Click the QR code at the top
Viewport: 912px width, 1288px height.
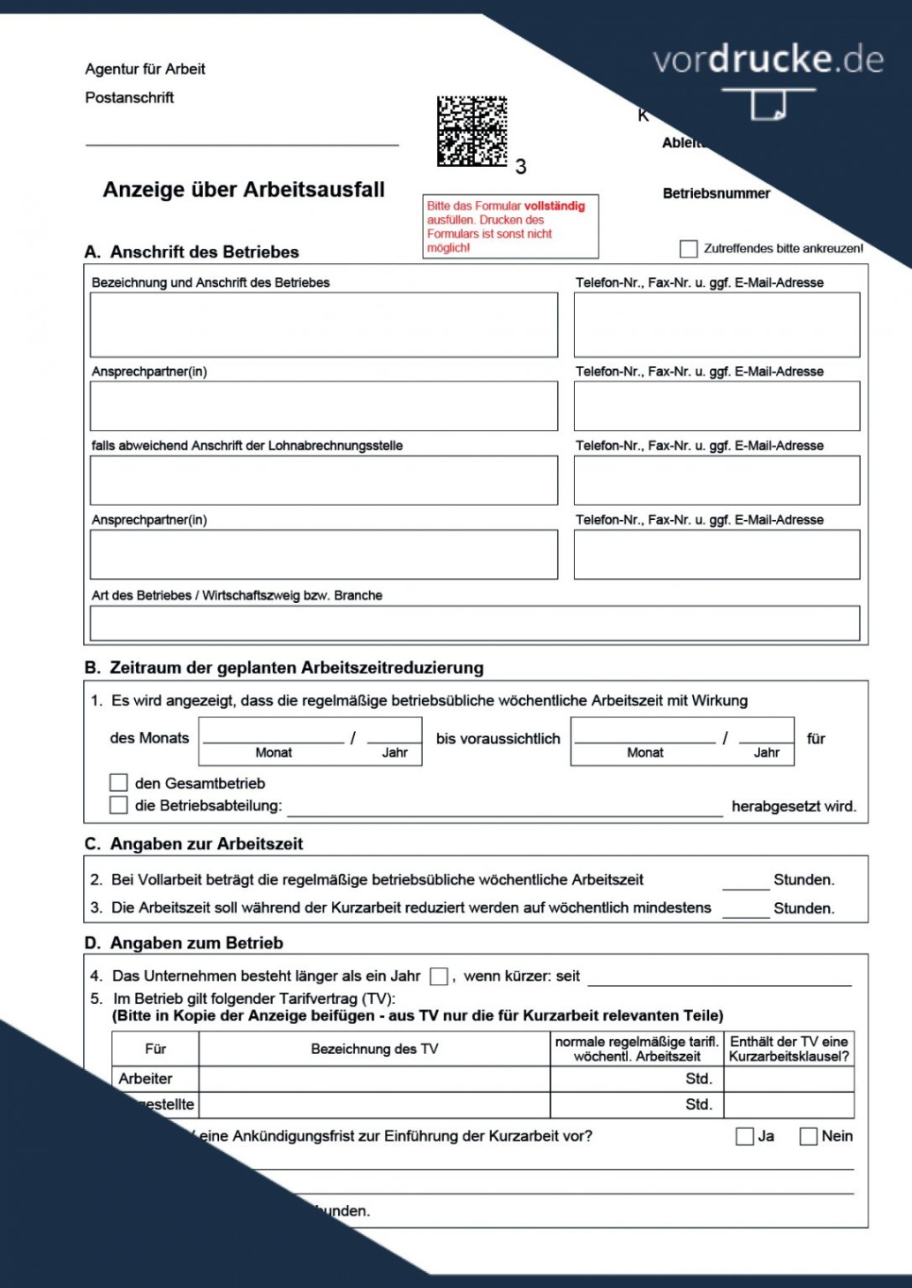pyautogui.click(x=471, y=131)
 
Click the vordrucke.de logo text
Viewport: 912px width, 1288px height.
pyautogui.click(x=767, y=60)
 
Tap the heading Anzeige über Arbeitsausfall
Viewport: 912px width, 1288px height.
pyautogui.click(x=244, y=190)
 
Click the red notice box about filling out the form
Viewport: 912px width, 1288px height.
pyautogui.click(x=510, y=226)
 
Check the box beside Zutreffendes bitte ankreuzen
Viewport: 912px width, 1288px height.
pyautogui.click(x=689, y=249)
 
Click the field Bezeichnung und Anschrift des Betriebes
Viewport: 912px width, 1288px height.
pyautogui.click(x=323, y=325)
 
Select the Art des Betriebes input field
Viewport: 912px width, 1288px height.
pyautogui.click(x=474, y=622)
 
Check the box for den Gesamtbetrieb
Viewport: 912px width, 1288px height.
pyautogui.click(x=119, y=782)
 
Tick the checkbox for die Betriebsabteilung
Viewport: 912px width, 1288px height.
pyautogui.click(x=119, y=804)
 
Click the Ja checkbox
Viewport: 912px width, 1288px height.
pyautogui.click(x=744, y=1136)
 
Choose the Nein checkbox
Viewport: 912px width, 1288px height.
pyautogui.click(x=808, y=1136)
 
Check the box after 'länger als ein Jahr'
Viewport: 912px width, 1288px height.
pyautogui.click(x=439, y=975)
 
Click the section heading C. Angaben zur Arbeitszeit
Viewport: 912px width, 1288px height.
pyautogui.click(x=194, y=844)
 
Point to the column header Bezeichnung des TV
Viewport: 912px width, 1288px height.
pyautogui.click(x=374, y=1049)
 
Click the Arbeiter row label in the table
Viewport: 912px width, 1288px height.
pyautogui.click(x=146, y=1079)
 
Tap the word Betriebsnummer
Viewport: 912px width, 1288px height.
pyautogui.click(x=716, y=193)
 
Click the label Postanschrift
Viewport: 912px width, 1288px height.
pyautogui.click(x=130, y=98)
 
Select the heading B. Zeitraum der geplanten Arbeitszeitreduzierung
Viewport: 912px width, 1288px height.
pyautogui.click(x=284, y=667)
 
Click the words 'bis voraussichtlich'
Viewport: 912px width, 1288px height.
pyautogui.click(x=498, y=739)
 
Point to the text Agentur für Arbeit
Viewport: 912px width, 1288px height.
pyautogui.click(x=145, y=69)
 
